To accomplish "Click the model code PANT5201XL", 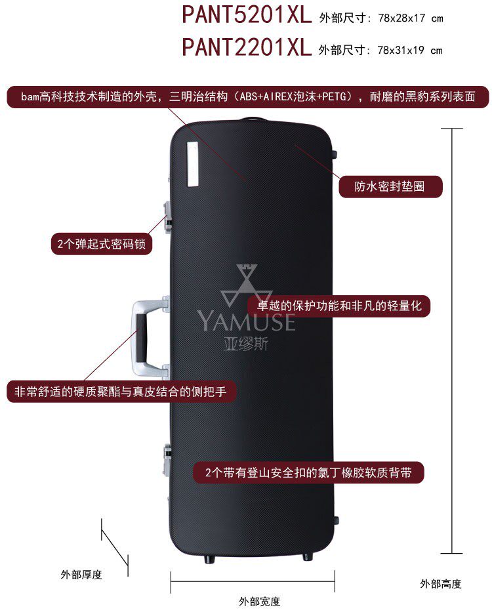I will (x=246, y=16).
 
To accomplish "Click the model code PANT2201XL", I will (x=246, y=47).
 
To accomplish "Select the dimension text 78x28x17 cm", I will (x=411, y=18).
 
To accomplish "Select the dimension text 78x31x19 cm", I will (x=411, y=50).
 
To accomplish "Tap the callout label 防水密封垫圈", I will (x=390, y=186).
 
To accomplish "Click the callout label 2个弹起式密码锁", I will (x=101, y=244).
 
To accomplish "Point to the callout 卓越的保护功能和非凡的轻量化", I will (x=338, y=306).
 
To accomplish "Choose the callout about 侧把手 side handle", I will (x=121, y=392).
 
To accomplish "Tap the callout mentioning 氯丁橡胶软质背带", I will (x=308, y=472).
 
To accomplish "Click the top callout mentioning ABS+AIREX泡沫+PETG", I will (x=248, y=97).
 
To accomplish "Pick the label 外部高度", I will (x=441, y=583).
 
